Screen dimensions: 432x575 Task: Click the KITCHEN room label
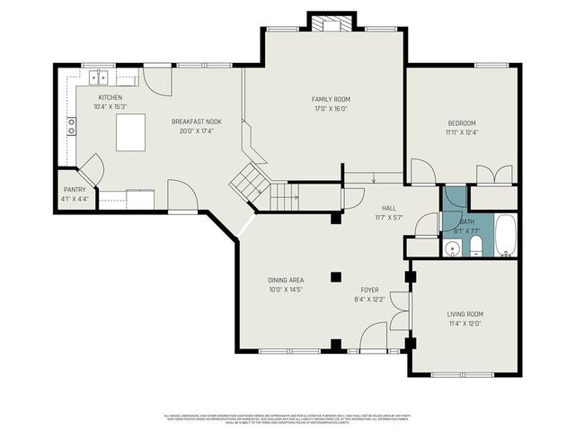click(x=111, y=97)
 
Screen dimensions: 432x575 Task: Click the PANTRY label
click(x=74, y=190)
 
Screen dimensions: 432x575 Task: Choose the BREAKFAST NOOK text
click(x=196, y=121)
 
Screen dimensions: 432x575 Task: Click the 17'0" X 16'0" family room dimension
click(x=329, y=109)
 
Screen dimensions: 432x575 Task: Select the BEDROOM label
click(x=462, y=123)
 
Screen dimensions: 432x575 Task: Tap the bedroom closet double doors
click(x=494, y=175)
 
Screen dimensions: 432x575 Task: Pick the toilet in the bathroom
click(x=476, y=247)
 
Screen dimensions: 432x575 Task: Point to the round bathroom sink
click(x=452, y=248)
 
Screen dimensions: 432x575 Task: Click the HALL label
click(x=387, y=208)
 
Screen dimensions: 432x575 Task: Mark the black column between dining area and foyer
click(x=335, y=277)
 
